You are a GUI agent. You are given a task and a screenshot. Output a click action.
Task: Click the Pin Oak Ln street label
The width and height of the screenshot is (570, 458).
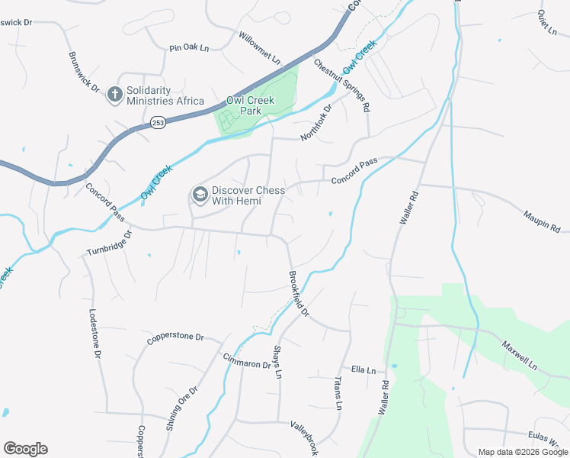pos(189,48)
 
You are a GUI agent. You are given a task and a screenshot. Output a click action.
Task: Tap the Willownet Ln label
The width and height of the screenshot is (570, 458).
pos(260,47)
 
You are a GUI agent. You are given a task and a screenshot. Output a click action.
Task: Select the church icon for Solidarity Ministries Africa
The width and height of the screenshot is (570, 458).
pos(114,95)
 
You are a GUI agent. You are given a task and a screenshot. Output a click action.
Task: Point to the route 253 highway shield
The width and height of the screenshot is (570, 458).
pos(158,122)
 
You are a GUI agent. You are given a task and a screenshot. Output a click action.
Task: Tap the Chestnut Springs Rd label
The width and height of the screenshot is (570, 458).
pos(342,86)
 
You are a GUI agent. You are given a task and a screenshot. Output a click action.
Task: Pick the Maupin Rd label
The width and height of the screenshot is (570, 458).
pos(542,221)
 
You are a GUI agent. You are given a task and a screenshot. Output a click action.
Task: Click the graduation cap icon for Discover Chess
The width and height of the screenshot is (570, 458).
pos(200,195)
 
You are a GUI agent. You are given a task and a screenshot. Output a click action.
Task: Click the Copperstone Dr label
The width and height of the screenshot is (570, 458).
pos(176,336)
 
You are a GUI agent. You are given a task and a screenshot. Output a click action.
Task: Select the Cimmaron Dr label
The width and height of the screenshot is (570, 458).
pos(247,360)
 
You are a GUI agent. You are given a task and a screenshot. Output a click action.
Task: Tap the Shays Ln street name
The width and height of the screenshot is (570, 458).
pos(277,362)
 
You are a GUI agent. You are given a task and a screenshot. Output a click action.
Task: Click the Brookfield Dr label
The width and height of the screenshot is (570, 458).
pos(299,293)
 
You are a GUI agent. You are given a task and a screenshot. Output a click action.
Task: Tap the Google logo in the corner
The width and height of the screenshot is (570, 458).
pos(25,448)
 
